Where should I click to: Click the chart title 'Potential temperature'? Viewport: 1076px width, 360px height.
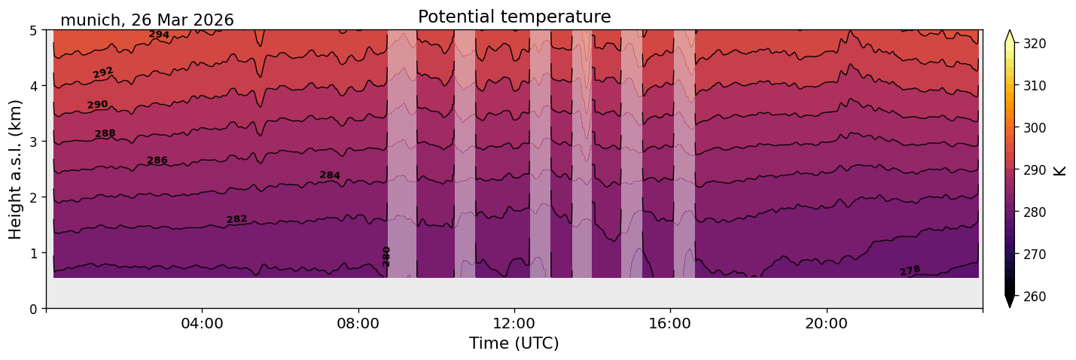(x=514, y=17)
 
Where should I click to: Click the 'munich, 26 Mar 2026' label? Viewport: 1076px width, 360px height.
(x=147, y=20)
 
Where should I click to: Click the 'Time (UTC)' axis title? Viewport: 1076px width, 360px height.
(x=514, y=343)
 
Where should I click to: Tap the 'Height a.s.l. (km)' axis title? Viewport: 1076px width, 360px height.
(x=16, y=169)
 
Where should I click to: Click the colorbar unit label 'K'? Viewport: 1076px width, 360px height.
(x=1060, y=169)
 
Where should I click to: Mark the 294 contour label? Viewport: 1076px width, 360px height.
(x=159, y=35)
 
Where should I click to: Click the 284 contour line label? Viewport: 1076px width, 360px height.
(x=330, y=175)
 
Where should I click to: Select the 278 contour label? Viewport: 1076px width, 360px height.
(x=910, y=270)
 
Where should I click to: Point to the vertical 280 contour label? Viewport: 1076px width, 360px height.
(x=386, y=256)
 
